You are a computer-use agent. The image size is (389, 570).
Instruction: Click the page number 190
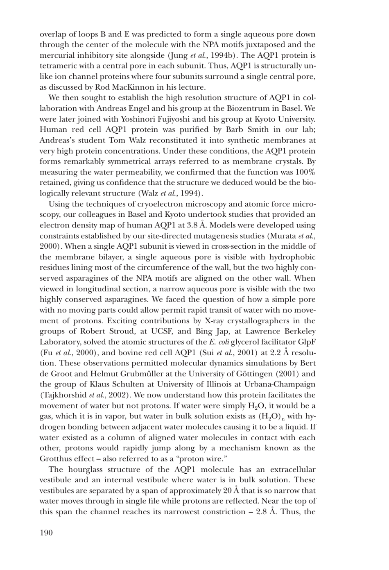coord(46,532)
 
